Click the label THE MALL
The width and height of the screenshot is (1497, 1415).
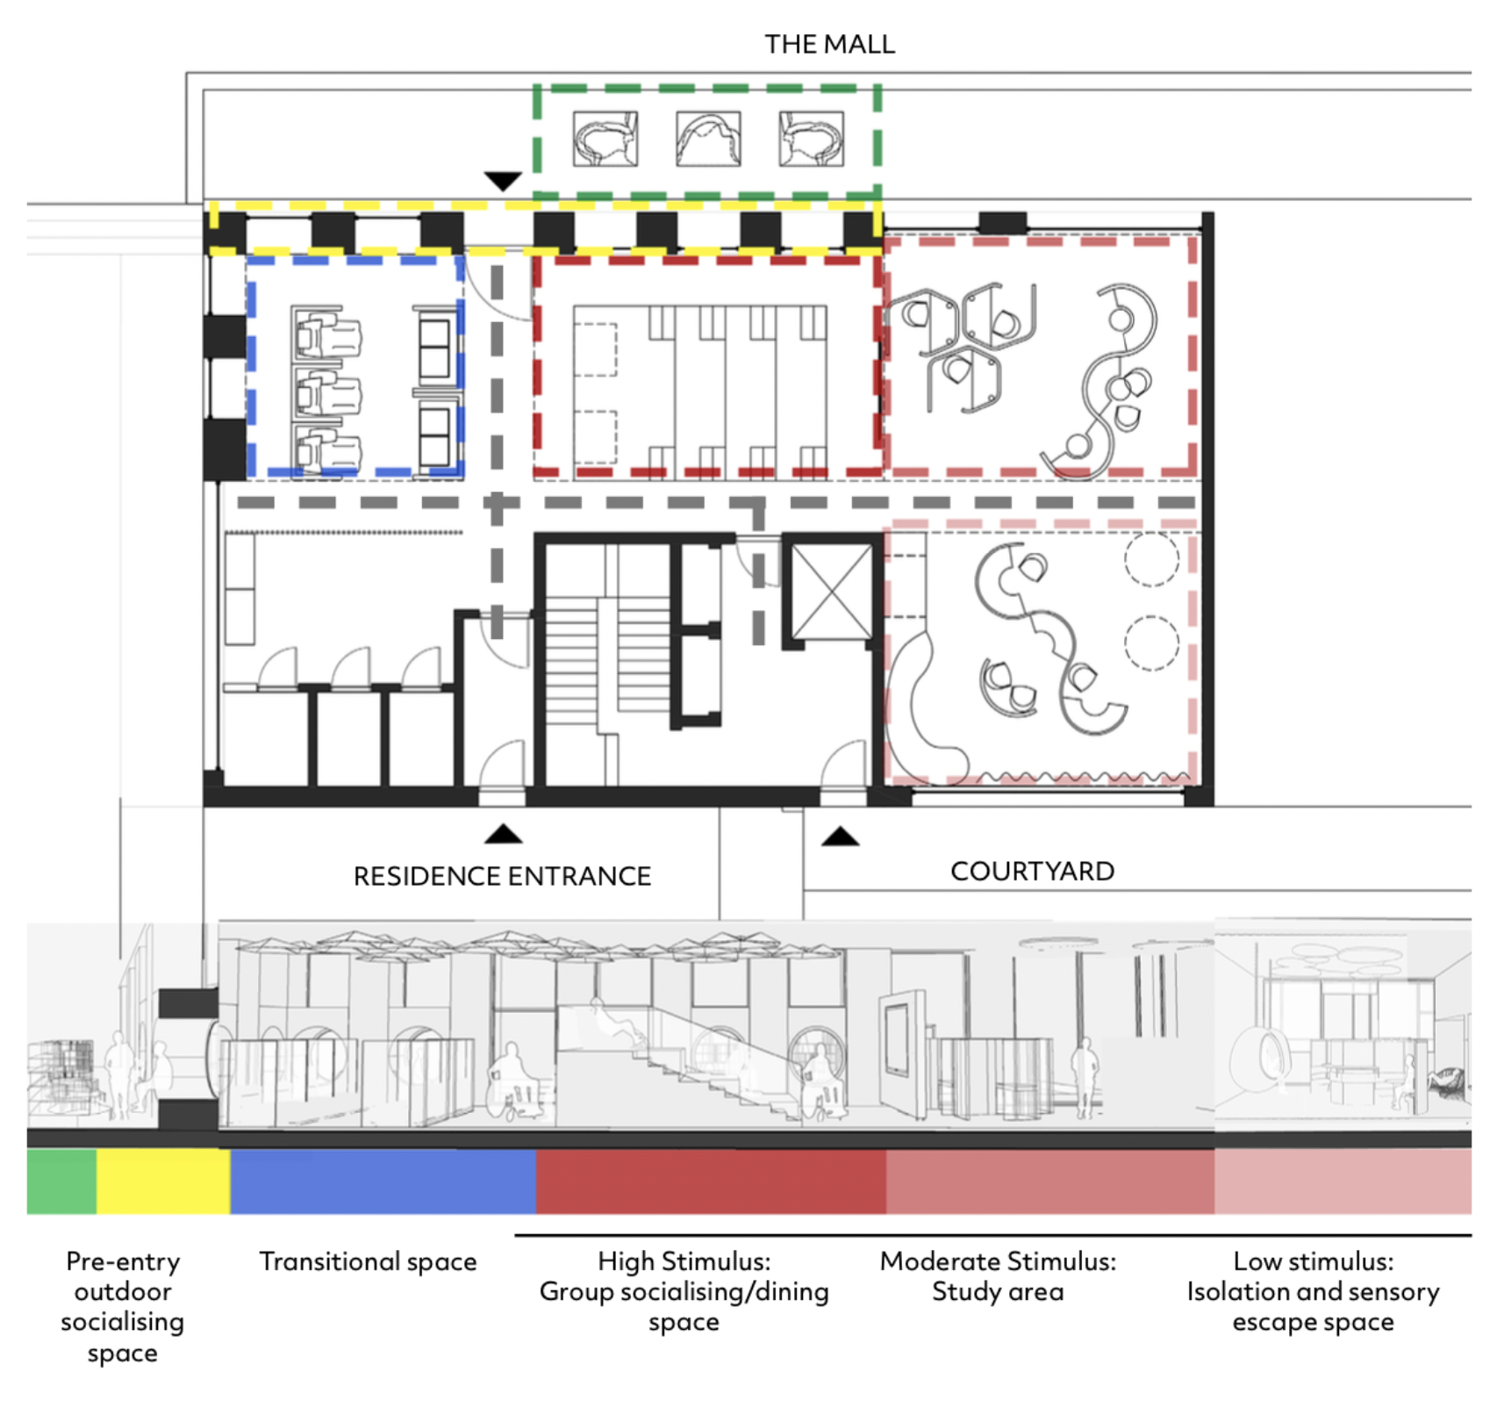[x=829, y=44]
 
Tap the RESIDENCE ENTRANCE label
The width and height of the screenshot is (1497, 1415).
[x=502, y=876]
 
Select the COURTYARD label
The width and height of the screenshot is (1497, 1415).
[x=1032, y=871]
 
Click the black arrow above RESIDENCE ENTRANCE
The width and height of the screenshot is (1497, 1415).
[x=503, y=834]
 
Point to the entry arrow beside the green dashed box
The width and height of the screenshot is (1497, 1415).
[x=503, y=182]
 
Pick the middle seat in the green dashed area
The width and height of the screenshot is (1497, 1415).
[x=708, y=139]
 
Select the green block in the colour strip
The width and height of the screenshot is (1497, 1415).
[x=61, y=1182]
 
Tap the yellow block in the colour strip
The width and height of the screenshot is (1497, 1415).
[x=163, y=1182]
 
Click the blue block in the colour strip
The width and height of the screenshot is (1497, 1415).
[x=383, y=1182]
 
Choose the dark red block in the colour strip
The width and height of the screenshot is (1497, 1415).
[x=711, y=1182]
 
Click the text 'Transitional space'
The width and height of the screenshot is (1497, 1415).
[x=368, y=1261]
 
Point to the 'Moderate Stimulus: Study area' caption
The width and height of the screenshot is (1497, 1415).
[x=998, y=1276]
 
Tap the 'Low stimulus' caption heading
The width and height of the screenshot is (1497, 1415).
[x=1313, y=1261]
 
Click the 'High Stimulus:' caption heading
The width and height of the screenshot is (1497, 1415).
[x=684, y=1261]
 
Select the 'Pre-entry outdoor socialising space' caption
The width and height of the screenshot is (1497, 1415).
[x=123, y=1306]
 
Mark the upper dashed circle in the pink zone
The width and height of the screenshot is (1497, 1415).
[x=1151, y=558]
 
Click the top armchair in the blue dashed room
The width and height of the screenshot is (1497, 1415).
[x=326, y=334]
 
